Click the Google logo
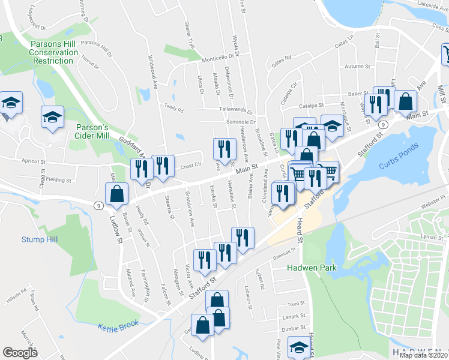pos(20,353)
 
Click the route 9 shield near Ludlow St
pos(97,205)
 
